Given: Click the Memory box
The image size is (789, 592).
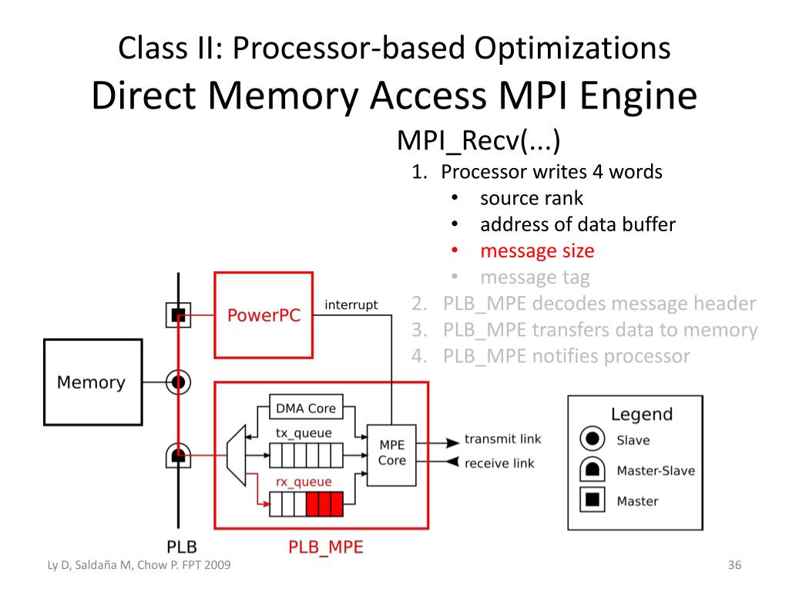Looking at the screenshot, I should [92, 382].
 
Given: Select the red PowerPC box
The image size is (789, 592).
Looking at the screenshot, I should [264, 315].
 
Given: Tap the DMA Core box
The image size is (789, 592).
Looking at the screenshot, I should [306, 408].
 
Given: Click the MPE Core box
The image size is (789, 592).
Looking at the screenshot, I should [391, 452].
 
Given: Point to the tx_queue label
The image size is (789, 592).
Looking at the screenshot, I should [304, 433].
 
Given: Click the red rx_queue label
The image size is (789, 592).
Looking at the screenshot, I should [304, 483].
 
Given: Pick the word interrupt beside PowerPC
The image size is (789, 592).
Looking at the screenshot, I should [351, 305].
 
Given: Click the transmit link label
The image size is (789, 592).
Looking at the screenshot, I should [502, 439].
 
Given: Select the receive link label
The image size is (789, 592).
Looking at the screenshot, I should [499, 463].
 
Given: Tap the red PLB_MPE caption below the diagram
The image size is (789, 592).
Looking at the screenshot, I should [325, 547].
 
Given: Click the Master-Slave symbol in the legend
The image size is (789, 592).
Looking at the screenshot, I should [591, 470].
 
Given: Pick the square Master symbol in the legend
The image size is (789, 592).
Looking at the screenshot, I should [591, 501].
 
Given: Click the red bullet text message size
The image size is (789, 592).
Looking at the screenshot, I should [537, 251].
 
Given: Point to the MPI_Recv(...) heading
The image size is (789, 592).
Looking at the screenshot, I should [478, 141].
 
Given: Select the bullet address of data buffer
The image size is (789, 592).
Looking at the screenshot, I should [578, 224].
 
